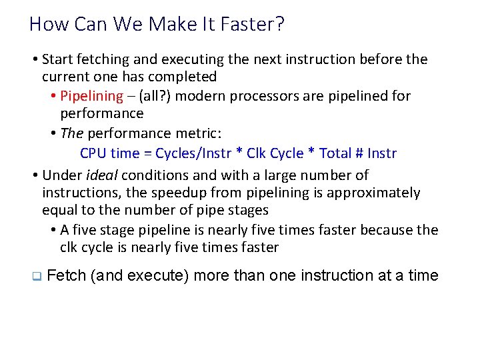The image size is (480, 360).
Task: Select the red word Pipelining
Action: tap(91, 96)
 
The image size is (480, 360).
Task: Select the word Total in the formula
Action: tap(336, 153)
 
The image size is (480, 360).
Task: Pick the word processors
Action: tap(263, 96)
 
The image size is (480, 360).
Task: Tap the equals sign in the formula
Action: tap(147, 153)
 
